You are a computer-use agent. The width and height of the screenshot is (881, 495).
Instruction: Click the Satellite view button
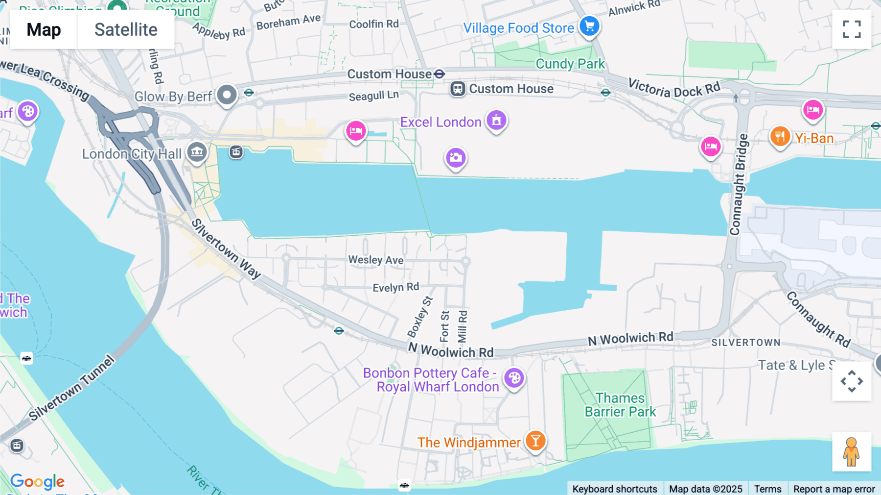(126, 30)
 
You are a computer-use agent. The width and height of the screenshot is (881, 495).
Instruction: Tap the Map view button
(44, 30)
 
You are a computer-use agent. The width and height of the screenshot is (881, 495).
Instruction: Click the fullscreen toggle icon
(852, 29)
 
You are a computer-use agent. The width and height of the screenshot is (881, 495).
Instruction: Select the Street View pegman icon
(851, 451)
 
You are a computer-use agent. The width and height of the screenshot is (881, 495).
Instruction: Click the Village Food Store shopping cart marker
(589, 26)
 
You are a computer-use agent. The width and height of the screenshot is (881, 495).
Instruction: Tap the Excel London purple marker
(496, 121)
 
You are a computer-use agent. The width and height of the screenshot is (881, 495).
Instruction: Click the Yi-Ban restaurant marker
(780, 137)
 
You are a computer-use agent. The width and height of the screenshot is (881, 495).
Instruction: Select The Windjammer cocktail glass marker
(535, 441)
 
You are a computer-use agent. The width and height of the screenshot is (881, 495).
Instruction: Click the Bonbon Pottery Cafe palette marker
(514, 378)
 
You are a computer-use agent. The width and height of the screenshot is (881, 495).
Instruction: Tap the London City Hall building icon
(197, 152)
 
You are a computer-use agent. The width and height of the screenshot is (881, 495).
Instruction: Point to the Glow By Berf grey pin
(227, 95)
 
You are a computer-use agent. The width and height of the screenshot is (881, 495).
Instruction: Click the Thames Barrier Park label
(620, 405)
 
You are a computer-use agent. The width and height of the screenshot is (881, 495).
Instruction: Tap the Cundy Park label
(570, 64)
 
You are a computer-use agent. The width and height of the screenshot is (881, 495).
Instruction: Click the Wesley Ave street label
(376, 260)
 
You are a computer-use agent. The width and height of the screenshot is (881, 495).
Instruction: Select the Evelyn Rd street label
(395, 287)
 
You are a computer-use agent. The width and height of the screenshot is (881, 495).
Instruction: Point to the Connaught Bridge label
(739, 185)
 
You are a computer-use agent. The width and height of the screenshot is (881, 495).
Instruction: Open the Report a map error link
(834, 489)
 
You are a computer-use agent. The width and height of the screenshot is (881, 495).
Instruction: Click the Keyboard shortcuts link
(615, 489)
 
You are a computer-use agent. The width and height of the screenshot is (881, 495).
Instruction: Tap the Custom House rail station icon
(458, 89)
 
